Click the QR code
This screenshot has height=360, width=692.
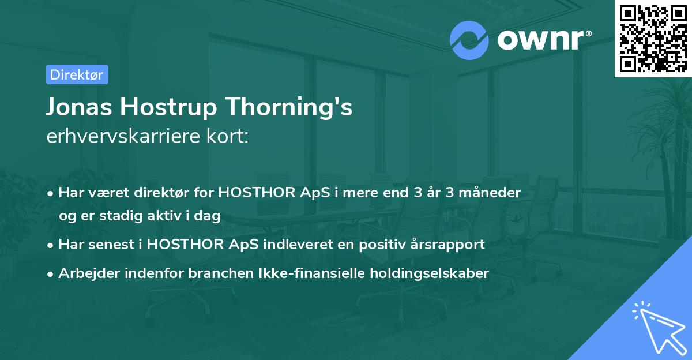click(653, 38)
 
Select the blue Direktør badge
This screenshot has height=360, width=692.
click(77, 74)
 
